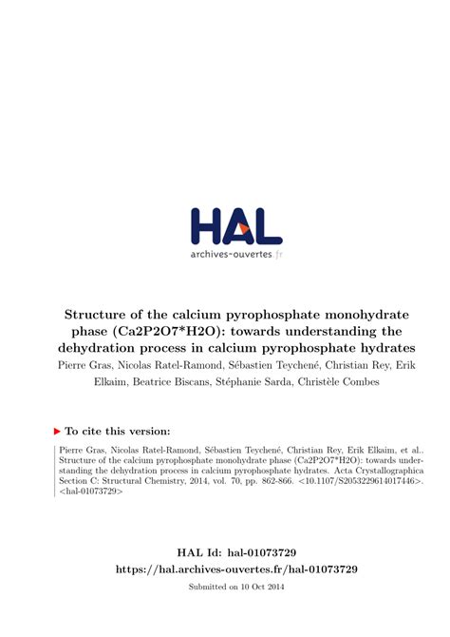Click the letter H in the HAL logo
point(206,226)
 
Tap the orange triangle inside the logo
point(243,229)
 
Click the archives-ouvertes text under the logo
point(232,255)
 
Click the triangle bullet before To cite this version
point(57,431)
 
